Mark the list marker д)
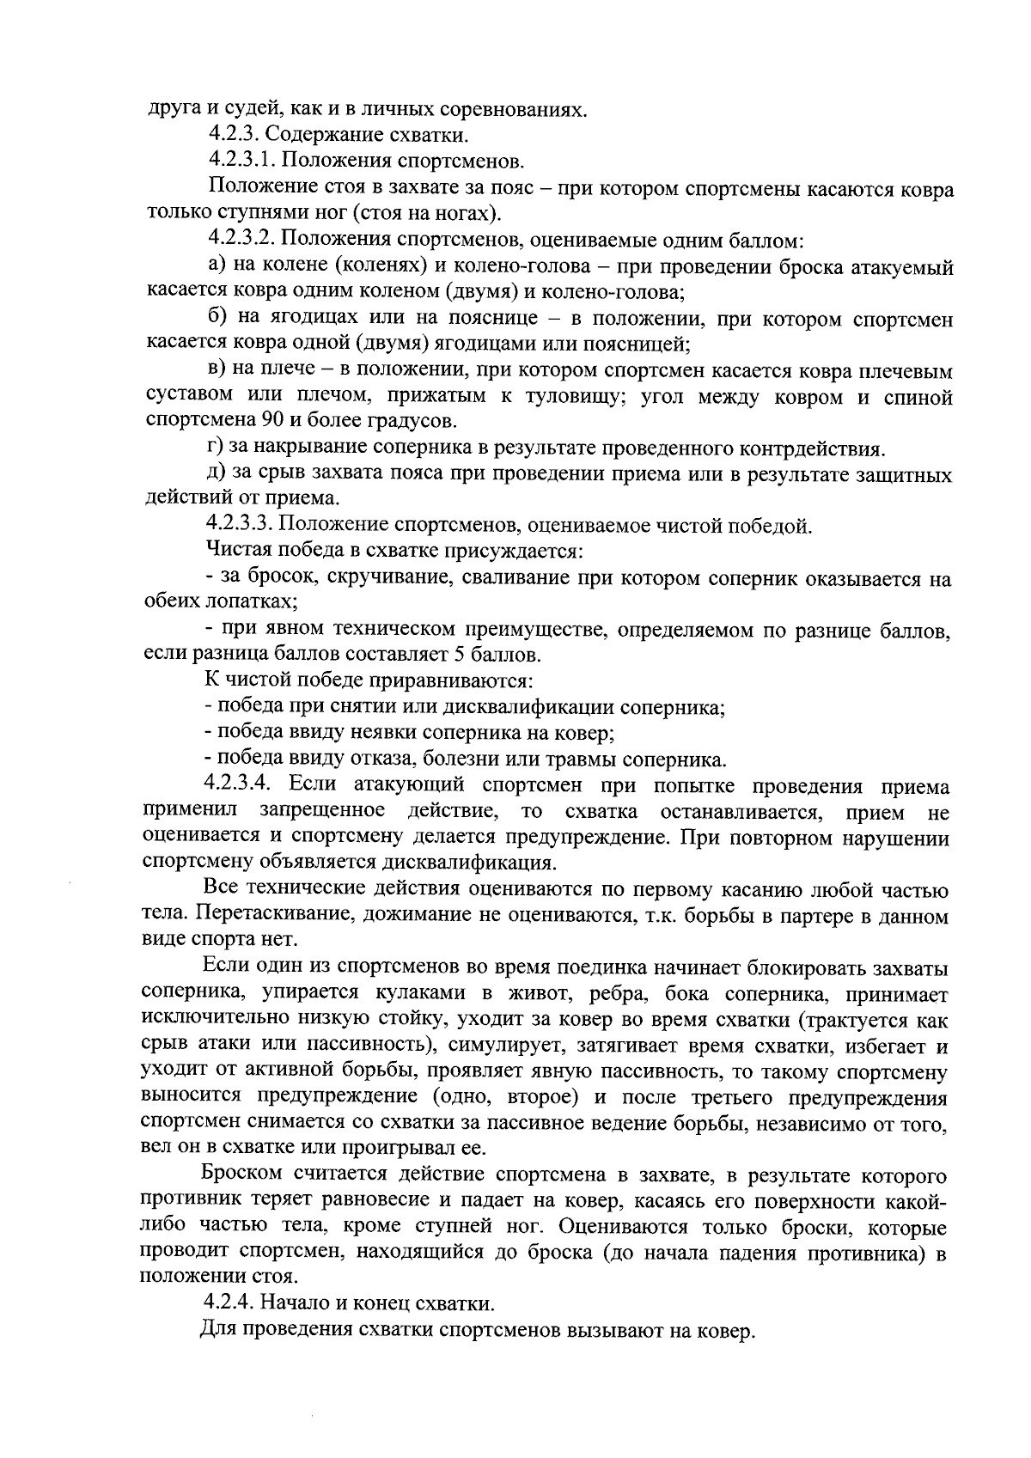(x=217, y=474)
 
